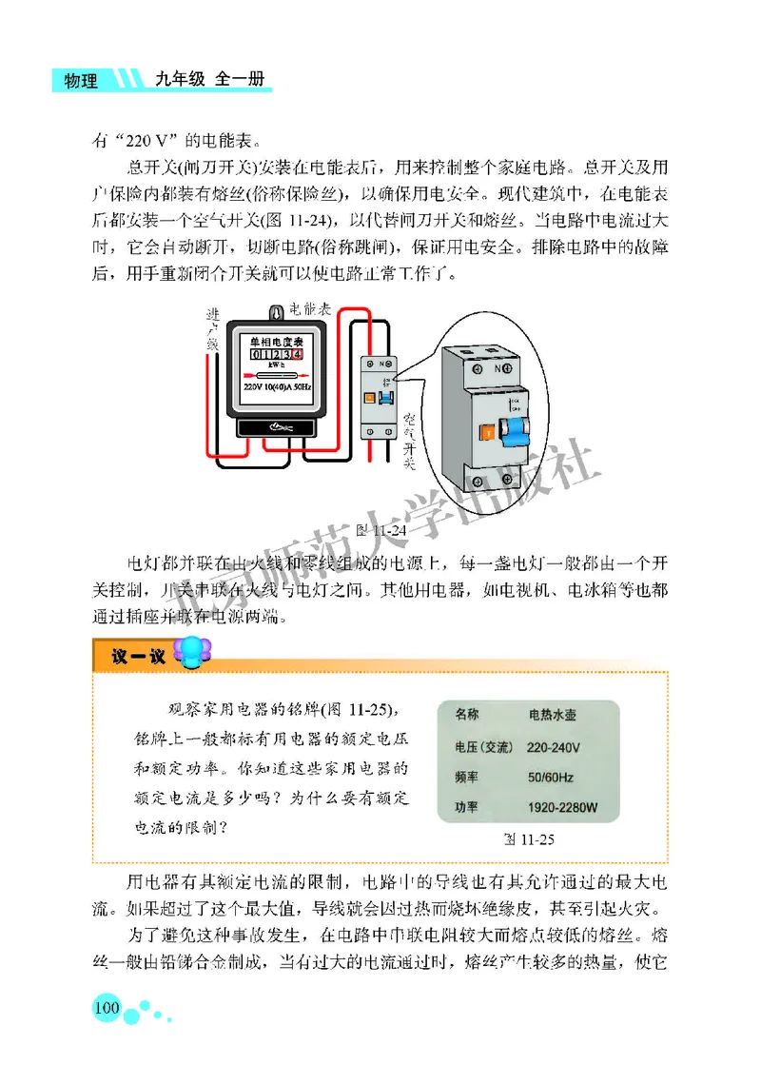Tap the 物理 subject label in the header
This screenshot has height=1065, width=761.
point(81,81)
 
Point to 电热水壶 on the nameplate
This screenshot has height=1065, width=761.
point(553,714)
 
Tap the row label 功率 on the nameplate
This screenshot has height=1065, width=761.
point(468,808)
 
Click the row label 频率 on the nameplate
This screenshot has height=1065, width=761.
point(468,777)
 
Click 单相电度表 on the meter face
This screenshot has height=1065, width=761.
point(276,341)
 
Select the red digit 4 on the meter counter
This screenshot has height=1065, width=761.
point(297,354)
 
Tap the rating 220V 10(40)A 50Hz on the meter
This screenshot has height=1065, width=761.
point(276,388)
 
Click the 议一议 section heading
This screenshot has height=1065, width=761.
point(131,657)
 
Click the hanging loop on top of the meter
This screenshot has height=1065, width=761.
point(277,311)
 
